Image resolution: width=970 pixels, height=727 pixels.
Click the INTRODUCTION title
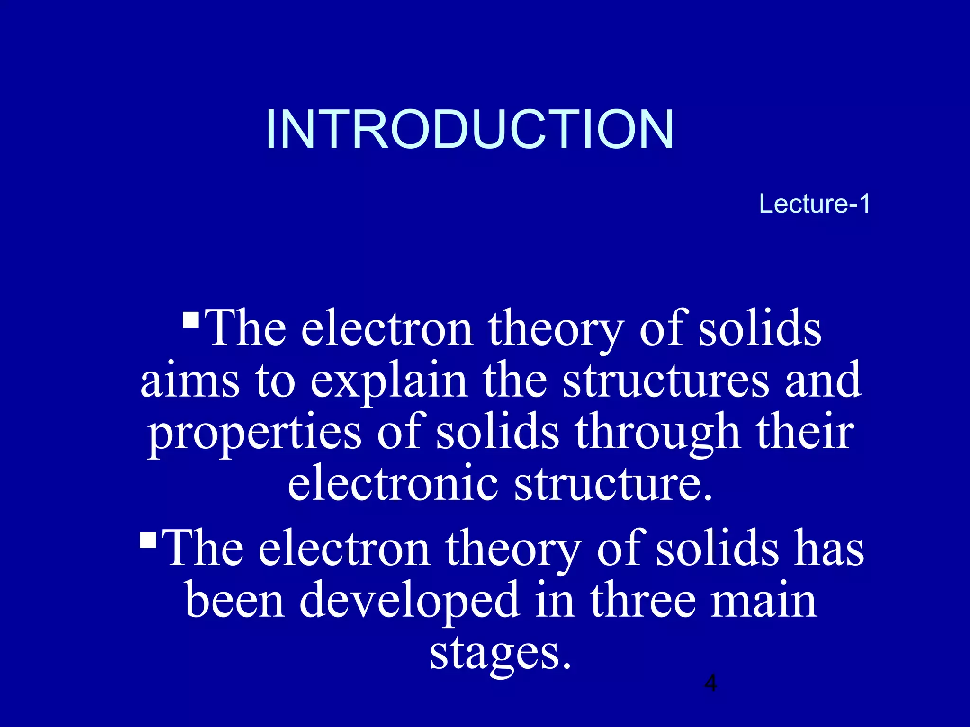coord(469,129)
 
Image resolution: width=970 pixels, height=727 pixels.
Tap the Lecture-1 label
coord(814,204)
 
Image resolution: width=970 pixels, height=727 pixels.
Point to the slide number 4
coord(710,683)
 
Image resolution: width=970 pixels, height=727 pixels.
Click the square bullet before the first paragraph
coord(190,319)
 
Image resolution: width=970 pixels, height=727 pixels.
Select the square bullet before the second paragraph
coord(148,540)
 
